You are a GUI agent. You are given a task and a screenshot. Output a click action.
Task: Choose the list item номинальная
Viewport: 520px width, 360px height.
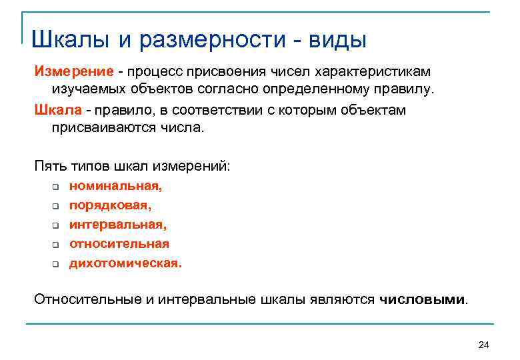coord(115,187)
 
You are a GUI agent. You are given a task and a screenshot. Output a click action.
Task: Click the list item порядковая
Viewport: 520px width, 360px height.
coord(110,206)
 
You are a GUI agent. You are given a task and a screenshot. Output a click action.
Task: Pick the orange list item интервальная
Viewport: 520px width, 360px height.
coord(117,225)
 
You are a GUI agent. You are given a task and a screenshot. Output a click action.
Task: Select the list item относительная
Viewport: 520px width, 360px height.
coord(119,244)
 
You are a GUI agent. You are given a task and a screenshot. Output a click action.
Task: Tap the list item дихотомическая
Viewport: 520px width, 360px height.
coord(125,263)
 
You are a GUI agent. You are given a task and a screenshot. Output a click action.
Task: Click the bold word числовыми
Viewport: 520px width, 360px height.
coord(423,299)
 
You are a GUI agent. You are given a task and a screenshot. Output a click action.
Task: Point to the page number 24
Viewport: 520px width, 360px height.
coord(484,344)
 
